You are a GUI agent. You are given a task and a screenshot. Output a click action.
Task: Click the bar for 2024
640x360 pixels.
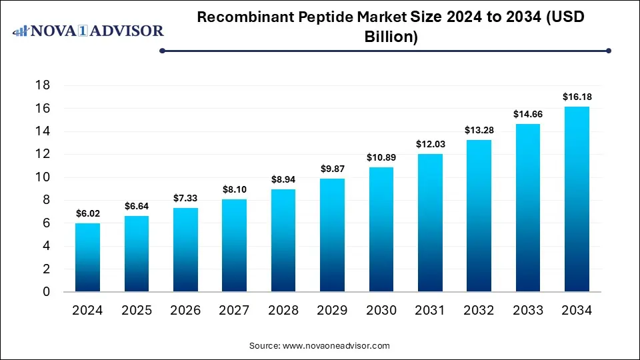[x=87, y=257]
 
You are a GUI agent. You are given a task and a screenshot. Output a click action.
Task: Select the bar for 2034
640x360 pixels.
[x=577, y=199]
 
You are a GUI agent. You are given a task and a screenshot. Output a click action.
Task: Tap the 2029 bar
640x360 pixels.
[x=332, y=235]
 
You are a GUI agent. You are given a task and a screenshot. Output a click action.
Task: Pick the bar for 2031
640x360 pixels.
[x=430, y=223]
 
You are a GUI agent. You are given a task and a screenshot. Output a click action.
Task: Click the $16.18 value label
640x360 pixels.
[x=577, y=97]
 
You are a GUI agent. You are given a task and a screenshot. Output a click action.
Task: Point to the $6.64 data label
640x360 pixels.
[x=137, y=206]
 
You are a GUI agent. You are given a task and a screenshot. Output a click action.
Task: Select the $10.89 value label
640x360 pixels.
[x=381, y=157]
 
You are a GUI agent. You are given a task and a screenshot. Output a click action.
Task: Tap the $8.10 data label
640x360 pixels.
[x=235, y=189]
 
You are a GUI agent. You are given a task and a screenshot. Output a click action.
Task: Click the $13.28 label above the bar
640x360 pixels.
[x=479, y=130]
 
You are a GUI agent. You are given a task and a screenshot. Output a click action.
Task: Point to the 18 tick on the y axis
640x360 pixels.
[x=43, y=85]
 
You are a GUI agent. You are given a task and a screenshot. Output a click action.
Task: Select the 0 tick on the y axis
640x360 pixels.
[x=46, y=292]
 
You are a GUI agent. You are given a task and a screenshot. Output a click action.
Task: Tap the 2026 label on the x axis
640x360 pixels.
[x=185, y=311]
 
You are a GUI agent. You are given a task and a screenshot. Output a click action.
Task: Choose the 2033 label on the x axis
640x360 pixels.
[x=528, y=311]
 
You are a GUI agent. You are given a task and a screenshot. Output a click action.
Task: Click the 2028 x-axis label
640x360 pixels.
[x=283, y=311]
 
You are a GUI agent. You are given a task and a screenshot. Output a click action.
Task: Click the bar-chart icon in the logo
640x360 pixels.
[x=21, y=31]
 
